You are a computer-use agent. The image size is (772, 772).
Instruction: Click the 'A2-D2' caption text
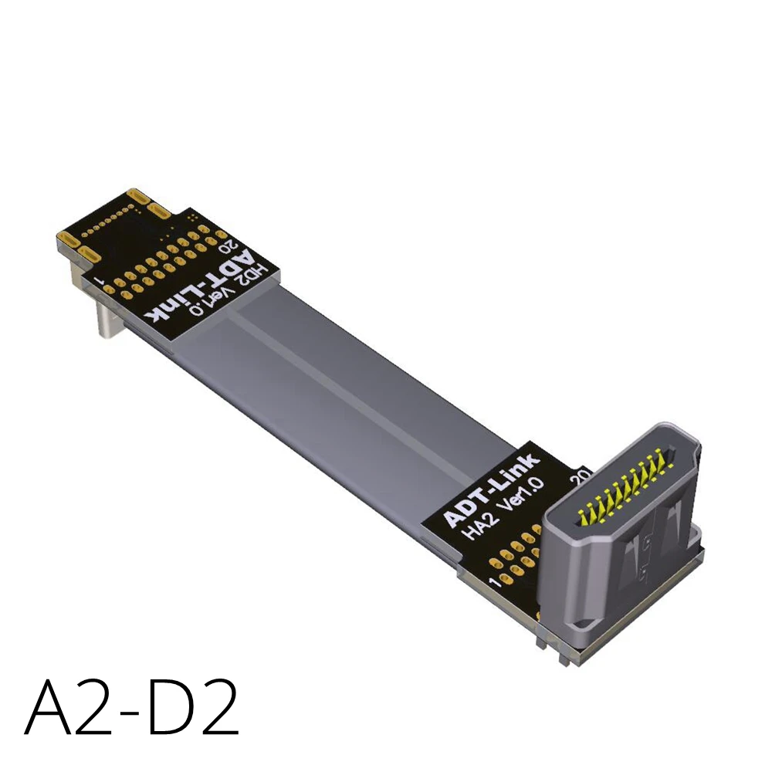coord(131,706)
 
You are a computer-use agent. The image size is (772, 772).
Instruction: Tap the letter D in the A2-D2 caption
coord(167,706)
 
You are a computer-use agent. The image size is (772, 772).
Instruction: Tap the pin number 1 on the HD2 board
coord(97,276)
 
